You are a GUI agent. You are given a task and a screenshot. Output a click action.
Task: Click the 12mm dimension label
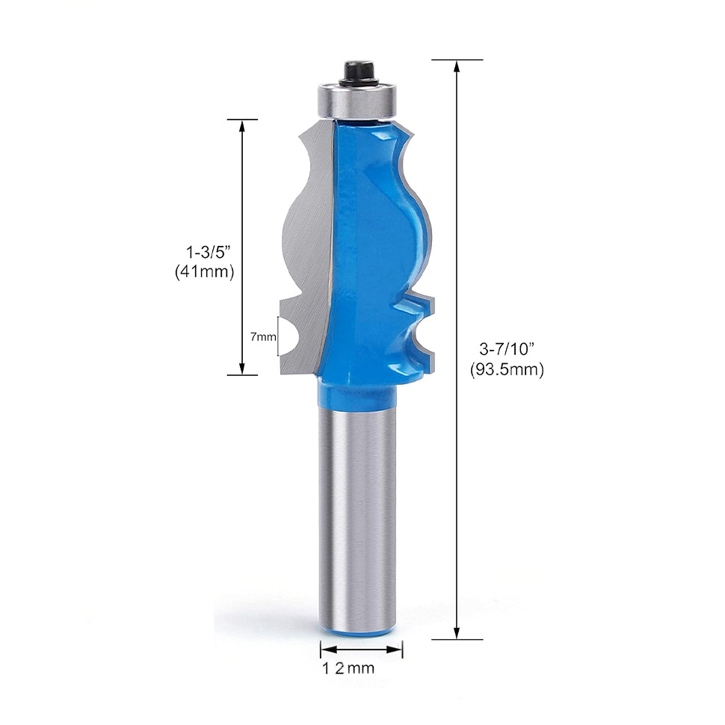[x=348, y=667]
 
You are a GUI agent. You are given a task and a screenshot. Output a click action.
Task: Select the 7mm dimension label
[x=263, y=336]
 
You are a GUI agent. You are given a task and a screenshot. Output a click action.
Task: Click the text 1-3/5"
[x=208, y=253]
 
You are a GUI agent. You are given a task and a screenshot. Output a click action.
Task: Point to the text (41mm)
[x=204, y=272]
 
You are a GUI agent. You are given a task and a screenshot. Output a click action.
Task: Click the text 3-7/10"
[x=507, y=349]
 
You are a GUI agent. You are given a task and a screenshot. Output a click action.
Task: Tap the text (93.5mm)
[x=507, y=369]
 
